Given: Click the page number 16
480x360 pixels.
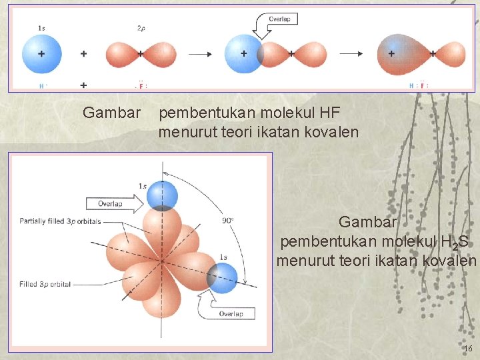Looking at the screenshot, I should [467, 349].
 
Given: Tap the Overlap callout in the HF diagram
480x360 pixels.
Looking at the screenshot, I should [279, 20].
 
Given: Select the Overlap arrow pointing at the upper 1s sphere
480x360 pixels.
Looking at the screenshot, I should [114, 203].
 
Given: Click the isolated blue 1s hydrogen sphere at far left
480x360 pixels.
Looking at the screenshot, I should [41, 53].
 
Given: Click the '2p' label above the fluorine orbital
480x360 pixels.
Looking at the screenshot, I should [141, 29].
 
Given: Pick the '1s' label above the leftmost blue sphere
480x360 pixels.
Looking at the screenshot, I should [41, 28].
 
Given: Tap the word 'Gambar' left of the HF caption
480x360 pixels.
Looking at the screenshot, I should [112, 113].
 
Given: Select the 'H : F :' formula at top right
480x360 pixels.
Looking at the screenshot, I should [419, 85].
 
